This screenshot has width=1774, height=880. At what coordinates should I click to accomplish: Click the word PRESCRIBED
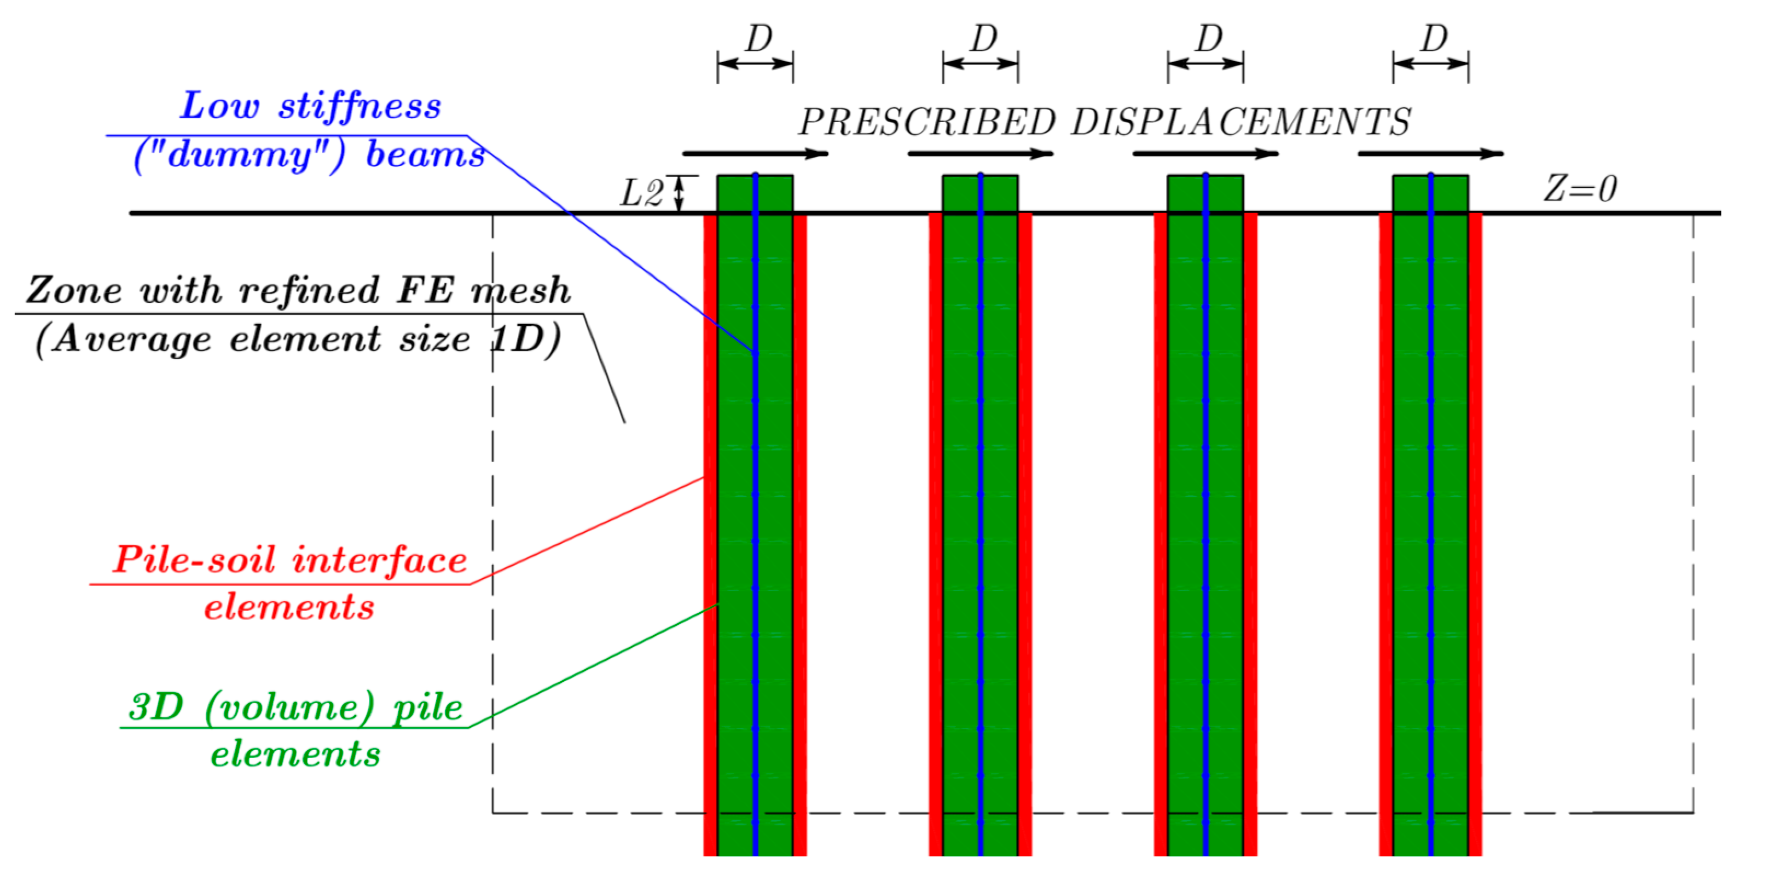pyautogui.click(x=926, y=123)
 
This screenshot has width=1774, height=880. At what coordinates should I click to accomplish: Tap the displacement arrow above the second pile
pyautogui.click(x=980, y=154)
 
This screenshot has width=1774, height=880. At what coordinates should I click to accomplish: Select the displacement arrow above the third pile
pyautogui.click(x=1205, y=154)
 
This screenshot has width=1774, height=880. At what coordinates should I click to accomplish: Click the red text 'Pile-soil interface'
pyautogui.click(x=290, y=559)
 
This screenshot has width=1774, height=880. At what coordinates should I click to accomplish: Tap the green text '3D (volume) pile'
pyautogui.click(x=296, y=706)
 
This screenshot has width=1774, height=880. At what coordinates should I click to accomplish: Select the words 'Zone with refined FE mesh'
pyautogui.click(x=298, y=290)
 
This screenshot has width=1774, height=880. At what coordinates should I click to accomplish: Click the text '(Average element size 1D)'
pyautogui.click(x=298, y=338)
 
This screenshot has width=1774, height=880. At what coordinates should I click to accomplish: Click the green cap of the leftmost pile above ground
pyautogui.click(x=737, y=194)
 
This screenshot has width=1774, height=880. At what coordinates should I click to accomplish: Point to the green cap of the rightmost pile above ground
pyautogui.click(x=1450, y=194)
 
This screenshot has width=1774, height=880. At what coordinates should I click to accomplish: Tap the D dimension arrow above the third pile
pyautogui.click(x=1205, y=64)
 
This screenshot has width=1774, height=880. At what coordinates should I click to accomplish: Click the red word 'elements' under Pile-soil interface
pyautogui.click(x=289, y=607)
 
